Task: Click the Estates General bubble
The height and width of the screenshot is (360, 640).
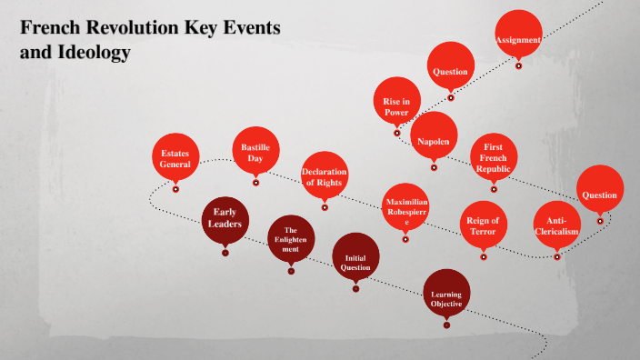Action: click(x=175, y=158)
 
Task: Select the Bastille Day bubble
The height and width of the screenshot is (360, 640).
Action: click(x=255, y=151)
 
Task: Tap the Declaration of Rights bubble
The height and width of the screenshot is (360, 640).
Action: click(x=325, y=176)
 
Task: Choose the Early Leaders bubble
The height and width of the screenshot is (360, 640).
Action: click(x=225, y=218)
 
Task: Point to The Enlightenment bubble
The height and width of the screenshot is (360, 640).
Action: click(x=291, y=238)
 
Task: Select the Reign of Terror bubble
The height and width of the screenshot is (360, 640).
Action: click(x=483, y=225)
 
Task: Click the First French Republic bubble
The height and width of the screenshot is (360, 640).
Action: click(x=495, y=157)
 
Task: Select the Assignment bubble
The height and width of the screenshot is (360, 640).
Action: click(x=518, y=37)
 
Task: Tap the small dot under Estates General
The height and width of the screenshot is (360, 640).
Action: click(x=175, y=190)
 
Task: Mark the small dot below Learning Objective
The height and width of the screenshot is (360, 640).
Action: click(x=447, y=332)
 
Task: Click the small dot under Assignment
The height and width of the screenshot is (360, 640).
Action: click(x=518, y=65)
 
